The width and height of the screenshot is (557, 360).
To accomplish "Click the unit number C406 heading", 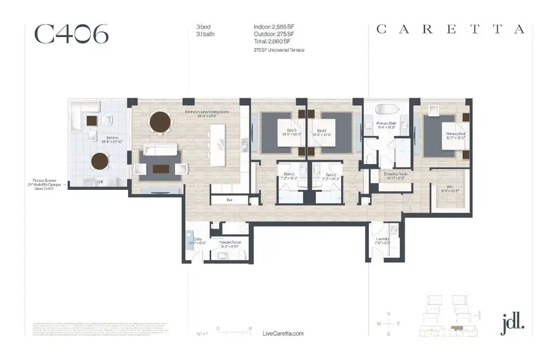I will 72,35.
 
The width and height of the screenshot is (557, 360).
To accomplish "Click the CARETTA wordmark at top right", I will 451,29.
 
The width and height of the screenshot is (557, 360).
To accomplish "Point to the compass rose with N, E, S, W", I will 388,324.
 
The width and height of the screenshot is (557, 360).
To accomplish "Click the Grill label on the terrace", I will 100,181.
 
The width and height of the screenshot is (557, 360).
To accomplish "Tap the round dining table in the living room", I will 160,121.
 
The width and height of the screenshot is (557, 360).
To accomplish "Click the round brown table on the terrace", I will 100,161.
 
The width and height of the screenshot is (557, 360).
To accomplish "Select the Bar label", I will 228,200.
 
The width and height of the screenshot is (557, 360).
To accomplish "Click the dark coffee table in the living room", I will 160,168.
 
